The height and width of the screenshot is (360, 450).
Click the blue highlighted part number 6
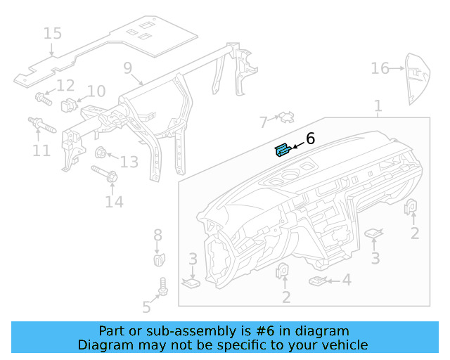tap(283, 150)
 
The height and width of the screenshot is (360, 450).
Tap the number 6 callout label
tap(310, 139)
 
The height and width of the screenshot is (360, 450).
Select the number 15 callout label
tap(52, 33)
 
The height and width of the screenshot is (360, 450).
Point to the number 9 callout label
tap(127, 67)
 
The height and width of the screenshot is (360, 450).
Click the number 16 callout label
tap(380, 68)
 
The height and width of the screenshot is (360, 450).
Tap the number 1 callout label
tap(378, 106)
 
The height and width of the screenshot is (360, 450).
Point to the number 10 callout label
tap(96, 91)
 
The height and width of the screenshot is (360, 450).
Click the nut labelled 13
tap(101, 152)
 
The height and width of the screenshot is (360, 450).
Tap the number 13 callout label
tap(129, 162)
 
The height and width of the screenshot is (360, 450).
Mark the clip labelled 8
tap(158, 259)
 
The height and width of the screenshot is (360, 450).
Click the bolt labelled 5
tap(163, 287)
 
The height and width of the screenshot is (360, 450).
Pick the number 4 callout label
tap(346, 280)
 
